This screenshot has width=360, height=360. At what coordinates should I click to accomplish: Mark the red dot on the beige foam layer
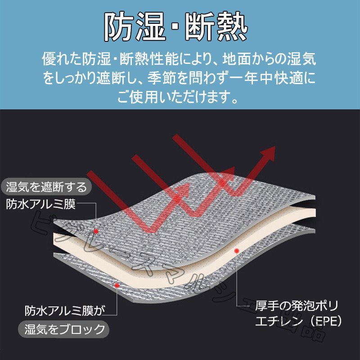click(236, 250)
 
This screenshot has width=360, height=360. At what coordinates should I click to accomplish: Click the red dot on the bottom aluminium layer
click(117, 284)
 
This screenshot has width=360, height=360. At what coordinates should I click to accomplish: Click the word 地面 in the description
click(241, 58)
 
